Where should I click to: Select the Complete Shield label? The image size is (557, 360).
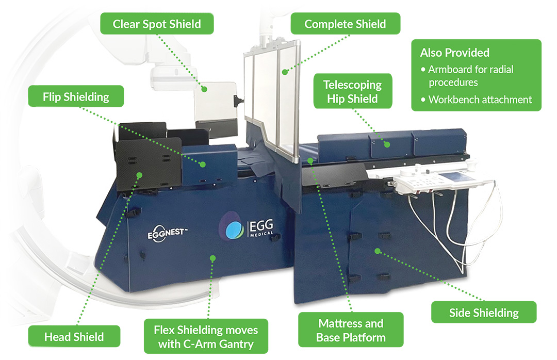coord(345,24)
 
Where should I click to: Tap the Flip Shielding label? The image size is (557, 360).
coord(76,96)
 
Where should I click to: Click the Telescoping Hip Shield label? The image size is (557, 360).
coord(352,91)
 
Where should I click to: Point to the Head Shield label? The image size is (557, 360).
coord(74,337)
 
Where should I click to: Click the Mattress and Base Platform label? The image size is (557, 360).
coord(351,331)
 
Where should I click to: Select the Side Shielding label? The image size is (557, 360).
coord(484,313)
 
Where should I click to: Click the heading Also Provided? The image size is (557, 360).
coord(454,53)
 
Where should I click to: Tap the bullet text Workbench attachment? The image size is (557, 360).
coord(480,100)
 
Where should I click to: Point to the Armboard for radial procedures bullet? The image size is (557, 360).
coord(471,75)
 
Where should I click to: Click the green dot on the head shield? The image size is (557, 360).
coord(139,176)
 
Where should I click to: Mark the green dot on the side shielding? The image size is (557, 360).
coord(378,251)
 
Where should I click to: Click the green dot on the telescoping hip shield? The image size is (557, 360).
coord(387,144)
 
